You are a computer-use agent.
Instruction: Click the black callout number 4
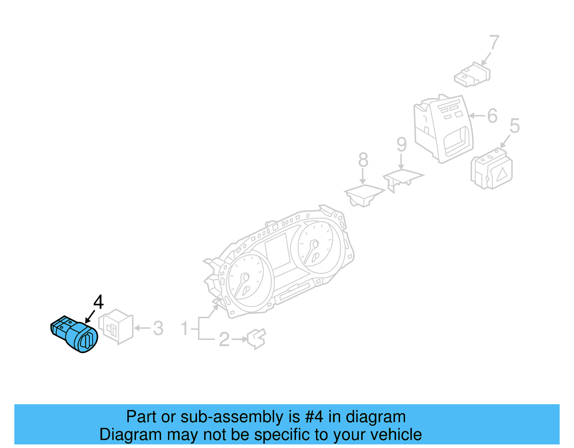(x=98, y=302)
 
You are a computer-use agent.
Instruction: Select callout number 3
(x=158, y=328)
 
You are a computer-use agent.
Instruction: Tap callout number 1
(x=184, y=328)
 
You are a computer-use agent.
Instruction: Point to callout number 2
(x=224, y=339)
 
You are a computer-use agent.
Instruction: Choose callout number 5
(x=514, y=126)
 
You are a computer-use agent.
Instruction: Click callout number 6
(x=492, y=116)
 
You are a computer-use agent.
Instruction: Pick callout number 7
(x=494, y=42)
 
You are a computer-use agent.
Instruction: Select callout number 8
(x=363, y=160)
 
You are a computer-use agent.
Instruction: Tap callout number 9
(x=401, y=145)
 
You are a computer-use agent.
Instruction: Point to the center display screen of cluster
(x=277, y=252)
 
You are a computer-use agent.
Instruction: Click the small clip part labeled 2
(x=257, y=339)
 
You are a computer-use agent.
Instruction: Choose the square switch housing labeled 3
(x=116, y=326)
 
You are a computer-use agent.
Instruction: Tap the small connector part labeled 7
(x=472, y=75)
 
